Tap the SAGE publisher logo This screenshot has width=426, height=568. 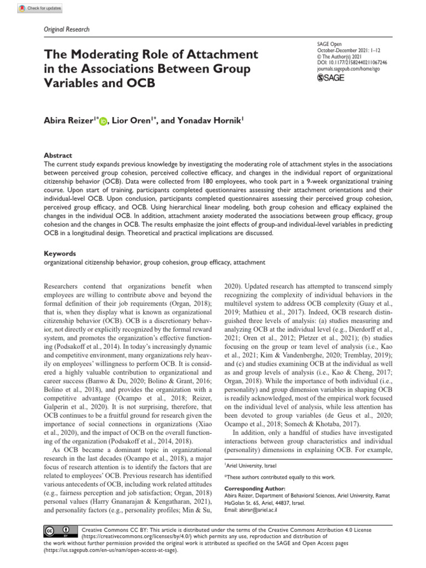(329, 78)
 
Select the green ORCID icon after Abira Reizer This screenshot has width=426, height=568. (103, 122)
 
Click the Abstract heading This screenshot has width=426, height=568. (58, 156)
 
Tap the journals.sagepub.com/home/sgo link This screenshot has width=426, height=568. (348, 70)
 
